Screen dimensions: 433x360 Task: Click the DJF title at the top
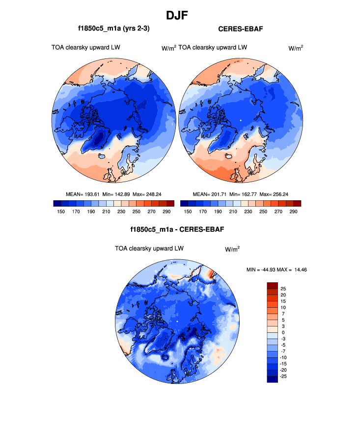[180, 15]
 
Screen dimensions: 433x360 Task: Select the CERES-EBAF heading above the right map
[241, 29]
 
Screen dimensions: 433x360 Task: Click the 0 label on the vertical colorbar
[283, 332]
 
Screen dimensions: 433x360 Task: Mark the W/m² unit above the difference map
[232, 249]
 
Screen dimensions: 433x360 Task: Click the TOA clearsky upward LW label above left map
[86, 48]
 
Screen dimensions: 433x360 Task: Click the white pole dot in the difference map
[178, 322]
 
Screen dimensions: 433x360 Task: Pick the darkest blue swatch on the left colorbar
[57, 203]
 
